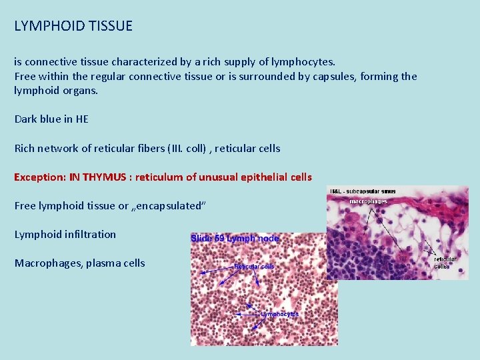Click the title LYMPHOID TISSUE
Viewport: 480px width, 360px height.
(x=73, y=27)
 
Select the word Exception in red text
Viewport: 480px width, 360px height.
(x=39, y=177)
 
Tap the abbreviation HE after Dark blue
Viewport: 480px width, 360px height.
(x=81, y=119)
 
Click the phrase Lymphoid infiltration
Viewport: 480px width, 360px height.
(x=65, y=235)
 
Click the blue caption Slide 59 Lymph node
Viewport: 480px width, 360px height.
(x=235, y=238)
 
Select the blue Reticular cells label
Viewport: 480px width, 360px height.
(x=254, y=267)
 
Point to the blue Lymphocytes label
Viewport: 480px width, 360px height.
(x=279, y=314)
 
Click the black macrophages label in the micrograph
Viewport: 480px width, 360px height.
(x=368, y=201)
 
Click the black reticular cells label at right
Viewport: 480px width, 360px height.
(x=445, y=263)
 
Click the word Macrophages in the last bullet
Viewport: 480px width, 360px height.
(x=46, y=263)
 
